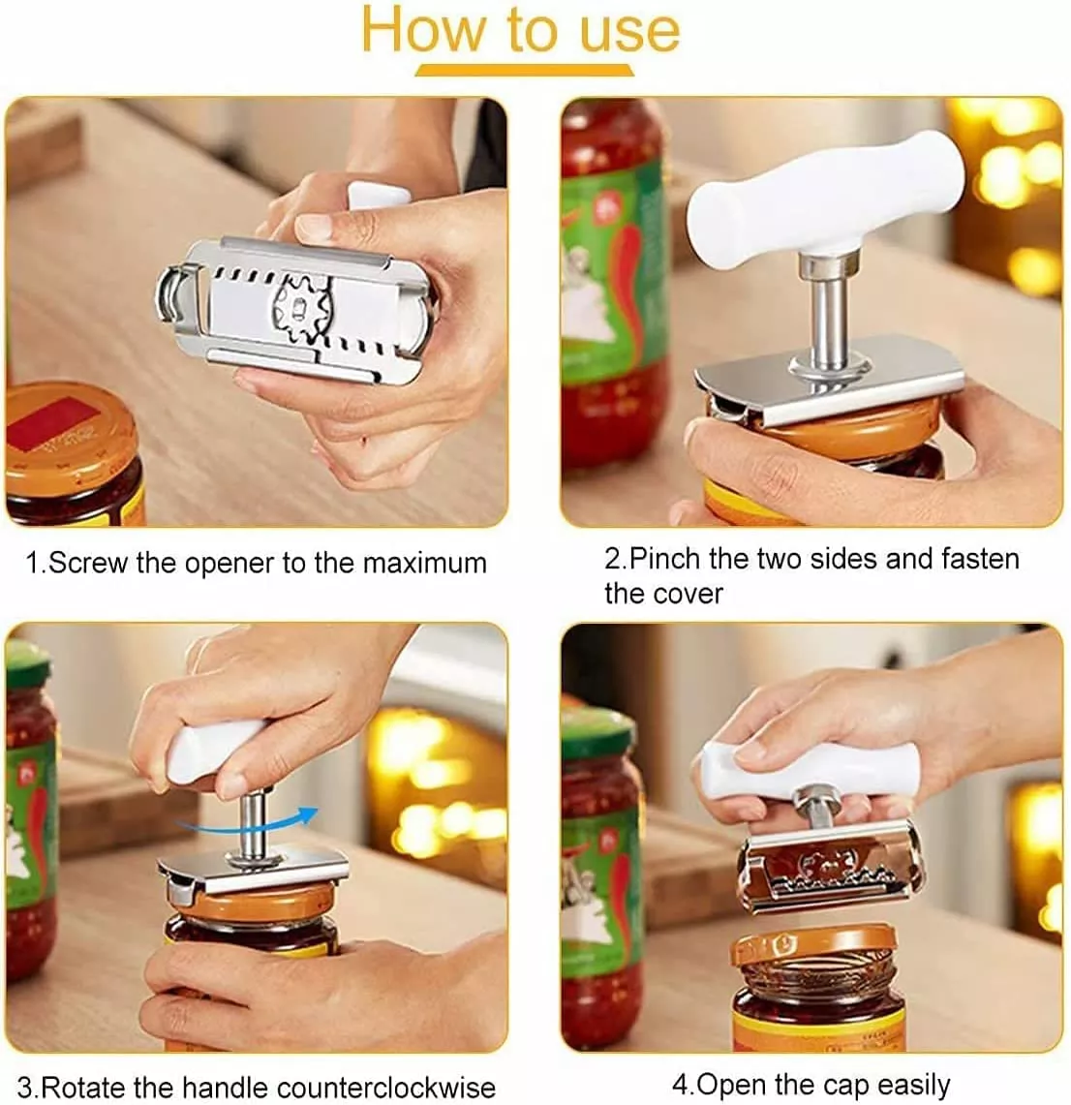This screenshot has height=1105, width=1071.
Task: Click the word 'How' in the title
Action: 423,30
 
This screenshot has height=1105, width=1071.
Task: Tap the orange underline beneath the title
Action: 524,70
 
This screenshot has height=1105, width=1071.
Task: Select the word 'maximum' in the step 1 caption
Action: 424,563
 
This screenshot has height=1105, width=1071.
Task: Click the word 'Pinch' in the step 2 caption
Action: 665,559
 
